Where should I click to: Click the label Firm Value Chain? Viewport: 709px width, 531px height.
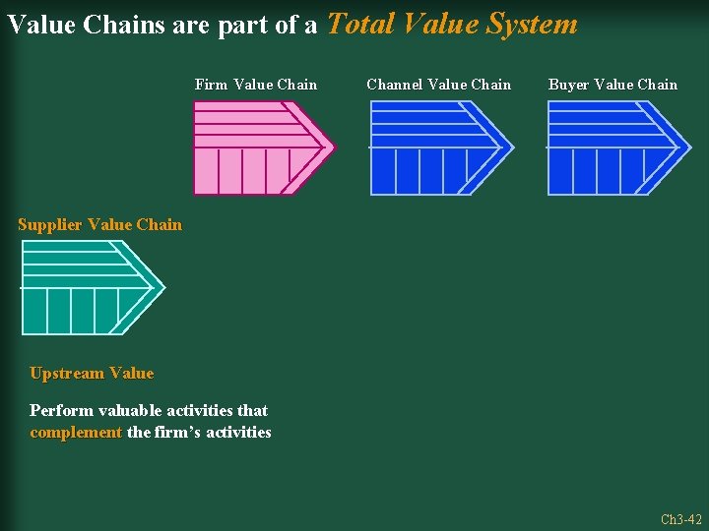[x=256, y=85]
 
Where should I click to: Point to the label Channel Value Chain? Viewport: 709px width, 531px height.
[x=439, y=85]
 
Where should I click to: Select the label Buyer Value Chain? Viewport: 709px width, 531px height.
[x=612, y=85]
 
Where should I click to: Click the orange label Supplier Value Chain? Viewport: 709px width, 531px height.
[x=99, y=224]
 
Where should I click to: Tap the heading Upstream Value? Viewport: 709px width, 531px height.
[x=92, y=373]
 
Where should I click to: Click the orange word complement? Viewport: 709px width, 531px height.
[x=76, y=433]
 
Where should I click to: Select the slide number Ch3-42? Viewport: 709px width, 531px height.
[x=680, y=519]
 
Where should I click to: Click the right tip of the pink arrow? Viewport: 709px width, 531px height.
[x=333, y=148]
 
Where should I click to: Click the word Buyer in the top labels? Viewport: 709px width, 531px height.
[x=568, y=85]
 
